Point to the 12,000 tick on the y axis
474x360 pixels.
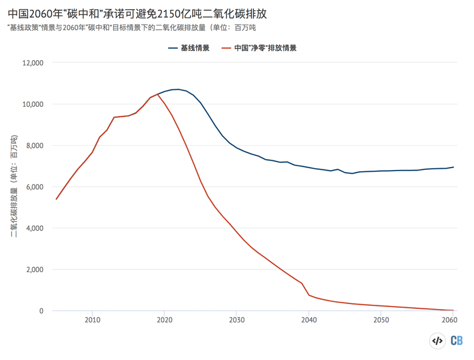(32, 63)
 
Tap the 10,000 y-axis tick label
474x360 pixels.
(32, 104)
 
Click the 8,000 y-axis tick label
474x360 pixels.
(34, 145)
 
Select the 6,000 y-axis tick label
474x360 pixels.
(34, 186)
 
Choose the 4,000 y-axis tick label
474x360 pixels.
(34, 228)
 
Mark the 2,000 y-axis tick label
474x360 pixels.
(34, 269)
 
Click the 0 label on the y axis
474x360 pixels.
(41, 310)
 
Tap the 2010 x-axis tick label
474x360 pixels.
(92, 320)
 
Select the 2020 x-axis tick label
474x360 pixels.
(165, 320)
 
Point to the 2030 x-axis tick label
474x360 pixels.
(237, 320)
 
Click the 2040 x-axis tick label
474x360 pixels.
(309, 320)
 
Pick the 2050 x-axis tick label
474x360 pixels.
(381, 320)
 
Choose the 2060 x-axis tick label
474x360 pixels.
(450, 320)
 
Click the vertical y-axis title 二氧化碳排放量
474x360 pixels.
(13, 188)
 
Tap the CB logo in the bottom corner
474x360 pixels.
(456, 341)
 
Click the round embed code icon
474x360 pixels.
(437, 341)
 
